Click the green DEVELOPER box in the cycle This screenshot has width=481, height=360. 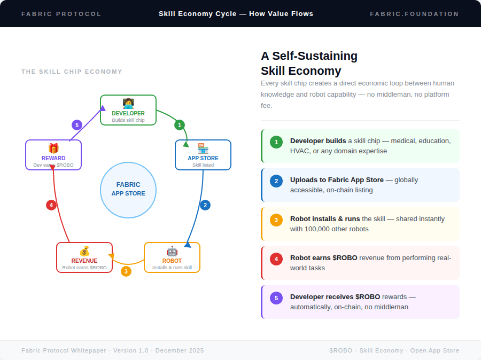point(128,110)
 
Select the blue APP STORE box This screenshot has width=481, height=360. point(203,155)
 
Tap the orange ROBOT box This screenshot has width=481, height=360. point(172,257)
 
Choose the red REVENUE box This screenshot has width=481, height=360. point(84,257)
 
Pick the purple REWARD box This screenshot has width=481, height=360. point(53,155)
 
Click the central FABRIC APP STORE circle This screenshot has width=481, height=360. point(128,190)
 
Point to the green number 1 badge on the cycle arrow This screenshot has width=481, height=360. point(180,125)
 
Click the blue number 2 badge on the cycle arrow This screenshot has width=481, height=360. point(205,205)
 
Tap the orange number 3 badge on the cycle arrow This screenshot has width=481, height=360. point(126,271)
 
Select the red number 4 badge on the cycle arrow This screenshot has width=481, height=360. point(51,205)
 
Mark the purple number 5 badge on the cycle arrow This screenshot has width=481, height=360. point(77,125)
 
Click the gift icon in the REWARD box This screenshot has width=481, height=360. point(53,148)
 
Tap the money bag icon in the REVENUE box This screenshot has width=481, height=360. point(84,251)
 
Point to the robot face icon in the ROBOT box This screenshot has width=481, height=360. point(172,251)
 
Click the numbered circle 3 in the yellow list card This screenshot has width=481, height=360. point(276,220)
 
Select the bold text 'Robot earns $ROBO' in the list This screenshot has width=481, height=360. point(323,258)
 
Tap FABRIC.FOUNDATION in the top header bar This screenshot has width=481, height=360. point(414,14)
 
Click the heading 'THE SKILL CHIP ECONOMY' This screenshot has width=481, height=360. point(72,72)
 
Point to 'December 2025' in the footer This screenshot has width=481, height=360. point(180,350)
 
